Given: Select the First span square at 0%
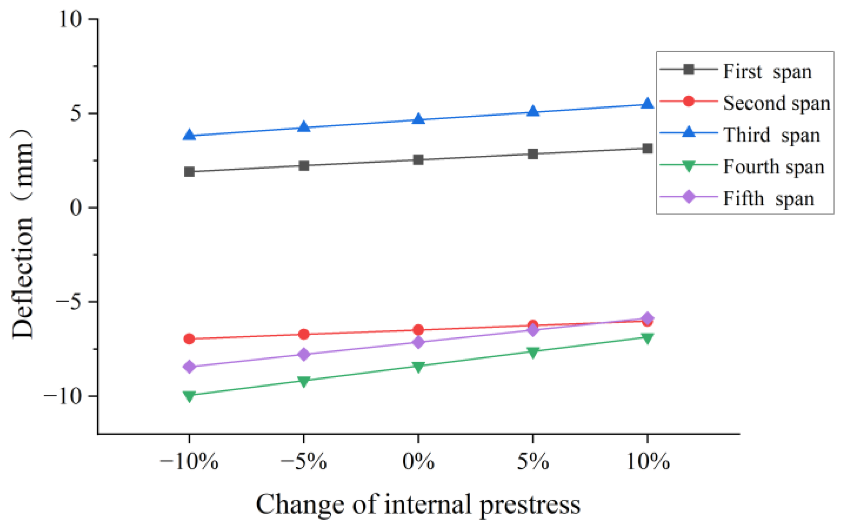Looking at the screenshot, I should pyautogui.click(x=418, y=160).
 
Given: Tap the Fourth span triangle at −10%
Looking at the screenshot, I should pyautogui.click(x=189, y=396).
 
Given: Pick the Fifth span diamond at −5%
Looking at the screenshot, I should pyautogui.click(x=304, y=355).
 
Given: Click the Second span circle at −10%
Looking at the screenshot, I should pyautogui.click(x=189, y=338).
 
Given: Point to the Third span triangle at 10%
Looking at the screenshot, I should pyautogui.click(x=647, y=104).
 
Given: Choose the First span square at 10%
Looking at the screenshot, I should pyautogui.click(x=647, y=148).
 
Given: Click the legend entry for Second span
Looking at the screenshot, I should pyautogui.click(x=776, y=103).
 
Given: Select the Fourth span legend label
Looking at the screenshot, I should pyautogui.click(x=773, y=167).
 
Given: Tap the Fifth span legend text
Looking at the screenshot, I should pyautogui.click(x=768, y=198).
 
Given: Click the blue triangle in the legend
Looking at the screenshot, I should pyautogui.click(x=689, y=133).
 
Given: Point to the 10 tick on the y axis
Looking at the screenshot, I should pyautogui.click(x=71, y=19).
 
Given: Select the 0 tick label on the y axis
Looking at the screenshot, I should pyautogui.click(x=76, y=207).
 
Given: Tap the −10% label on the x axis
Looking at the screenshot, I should pyautogui.click(x=189, y=462).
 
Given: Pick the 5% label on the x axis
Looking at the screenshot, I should pyautogui.click(x=533, y=462).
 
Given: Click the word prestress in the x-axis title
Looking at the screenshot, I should pyautogui.click(x=530, y=505).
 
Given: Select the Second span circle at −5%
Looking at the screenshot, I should pyautogui.click(x=304, y=334).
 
